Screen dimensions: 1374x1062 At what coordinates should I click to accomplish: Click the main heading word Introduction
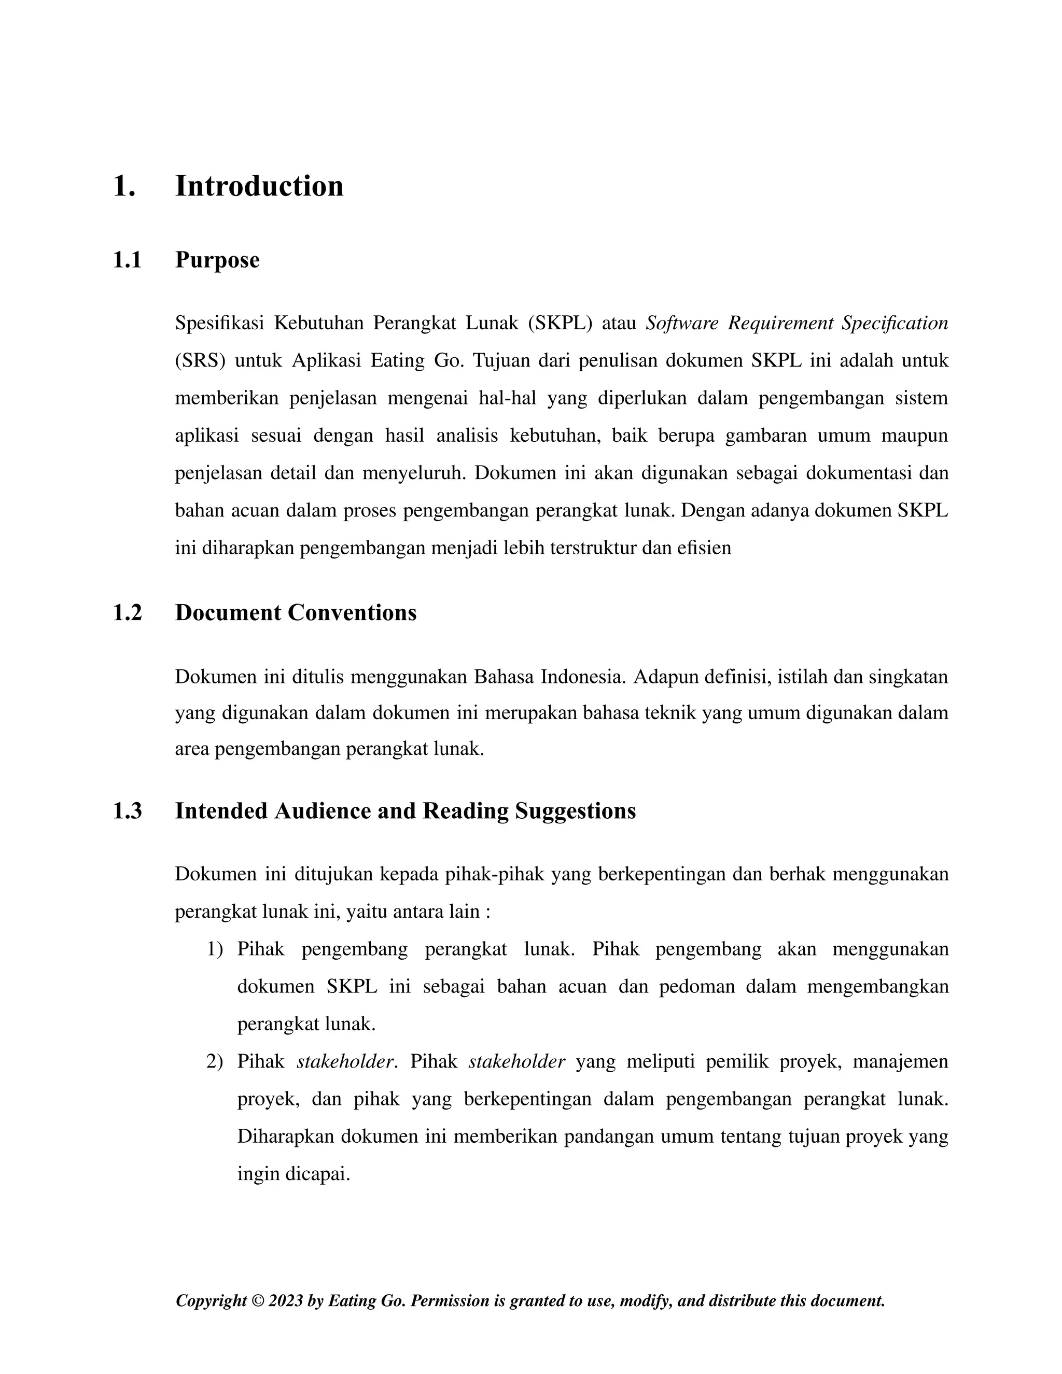point(259,186)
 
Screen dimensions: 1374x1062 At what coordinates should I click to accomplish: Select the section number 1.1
point(127,260)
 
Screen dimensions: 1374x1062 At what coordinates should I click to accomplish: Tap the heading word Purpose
point(217,260)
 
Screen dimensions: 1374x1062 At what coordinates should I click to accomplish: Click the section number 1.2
point(127,613)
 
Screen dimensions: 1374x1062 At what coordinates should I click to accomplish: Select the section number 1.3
point(127,811)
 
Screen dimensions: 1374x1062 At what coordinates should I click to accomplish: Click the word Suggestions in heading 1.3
point(575,811)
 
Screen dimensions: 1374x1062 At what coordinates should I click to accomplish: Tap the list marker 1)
point(215,949)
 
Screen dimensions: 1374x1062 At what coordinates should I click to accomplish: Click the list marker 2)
point(215,1062)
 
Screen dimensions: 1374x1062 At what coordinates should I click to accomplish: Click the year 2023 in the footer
point(286,1301)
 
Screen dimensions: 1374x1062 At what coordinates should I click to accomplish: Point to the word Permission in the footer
point(449,1301)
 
